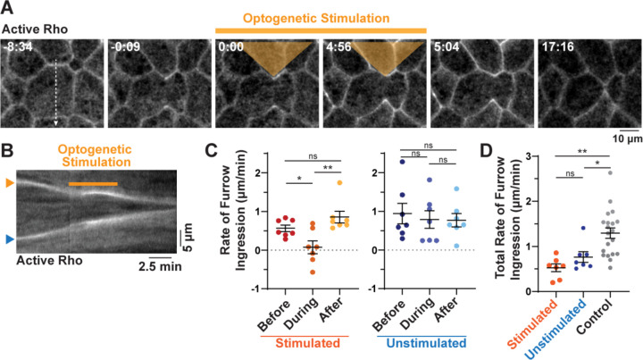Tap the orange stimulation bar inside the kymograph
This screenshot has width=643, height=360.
coord(94,184)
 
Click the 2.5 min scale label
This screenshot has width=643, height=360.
coord(161,265)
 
